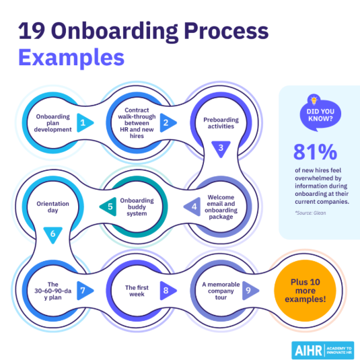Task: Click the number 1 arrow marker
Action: pyautogui.click(x=85, y=122)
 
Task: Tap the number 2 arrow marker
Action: pyautogui.click(x=168, y=122)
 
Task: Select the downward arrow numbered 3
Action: pyautogui.click(x=221, y=149)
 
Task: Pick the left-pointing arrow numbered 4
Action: pyautogui.click(x=192, y=207)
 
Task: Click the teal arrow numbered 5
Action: pyautogui.click(x=108, y=207)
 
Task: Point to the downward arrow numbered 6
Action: pyautogui.click(x=53, y=235)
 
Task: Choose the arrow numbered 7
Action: pyautogui.click(x=85, y=291)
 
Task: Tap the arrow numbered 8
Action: pyautogui.click(x=168, y=291)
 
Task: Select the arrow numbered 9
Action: pyautogui.click(x=250, y=291)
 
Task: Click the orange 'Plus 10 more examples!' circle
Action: pyautogui.click(x=305, y=291)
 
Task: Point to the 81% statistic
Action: pyautogui.click(x=315, y=152)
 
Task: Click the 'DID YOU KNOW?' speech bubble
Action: pyautogui.click(x=320, y=115)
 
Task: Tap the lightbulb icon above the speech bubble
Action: pyautogui.click(x=314, y=100)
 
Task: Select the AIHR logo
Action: pyautogui.click(x=322, y=351)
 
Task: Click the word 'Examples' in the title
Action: pyautogui.click(x=71, y=58)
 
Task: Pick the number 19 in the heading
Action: pyautogui.click(x=32, y=31)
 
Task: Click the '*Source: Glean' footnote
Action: pyautogui.click(x=310, y=213)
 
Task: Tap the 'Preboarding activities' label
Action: pyautogui.click(x=221, y=123)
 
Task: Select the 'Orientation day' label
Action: pyautogui.click(x=53, y=207)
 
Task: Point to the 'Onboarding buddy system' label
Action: pyautogui.click(x=137, y=207)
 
